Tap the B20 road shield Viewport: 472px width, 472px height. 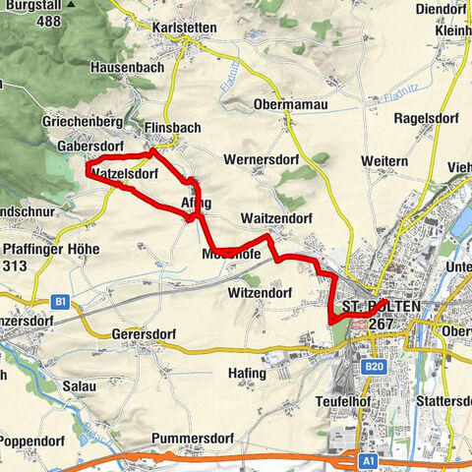click(x=373, y=368)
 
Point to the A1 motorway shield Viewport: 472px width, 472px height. click(x=367, y=459)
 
